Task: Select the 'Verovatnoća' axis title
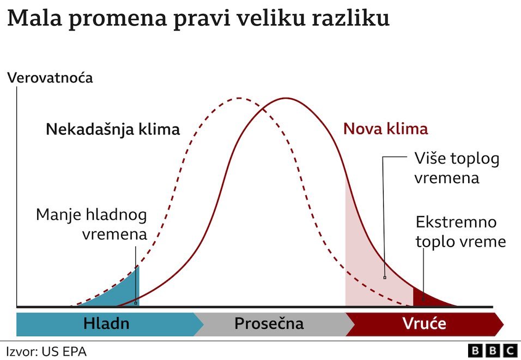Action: pyautogui.click(x=50, y=78)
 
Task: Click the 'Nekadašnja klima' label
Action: pyautogui.click(x=113, y=130)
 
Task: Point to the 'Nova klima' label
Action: pyautogui.click(x=385, y=129)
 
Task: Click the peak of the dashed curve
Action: pyautogui.click(x=239, y=99)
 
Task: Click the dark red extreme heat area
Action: pyautogui.click(x=426, y=298)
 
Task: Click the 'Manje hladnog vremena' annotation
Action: pyautogui.click(x=92, y=225)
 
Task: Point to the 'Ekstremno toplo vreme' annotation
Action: pyautogui.click(x=461, y=232)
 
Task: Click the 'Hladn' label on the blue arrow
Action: pyautogui.click(x=106, y=324)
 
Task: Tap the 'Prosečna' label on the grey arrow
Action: pyautogui.click(x=269, y=324)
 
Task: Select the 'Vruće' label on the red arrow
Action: pyautogui.click(x=425, y=324)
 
